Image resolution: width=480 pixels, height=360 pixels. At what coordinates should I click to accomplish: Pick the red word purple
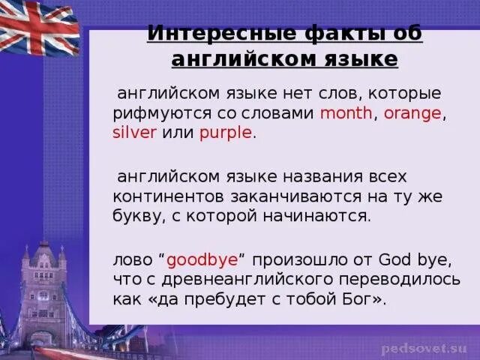click(x=226, y=133)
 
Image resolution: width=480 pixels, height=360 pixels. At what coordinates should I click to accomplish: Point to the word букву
click(x=134, y=216)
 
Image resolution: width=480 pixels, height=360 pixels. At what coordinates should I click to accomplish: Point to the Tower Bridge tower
click(x=43, y=289)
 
